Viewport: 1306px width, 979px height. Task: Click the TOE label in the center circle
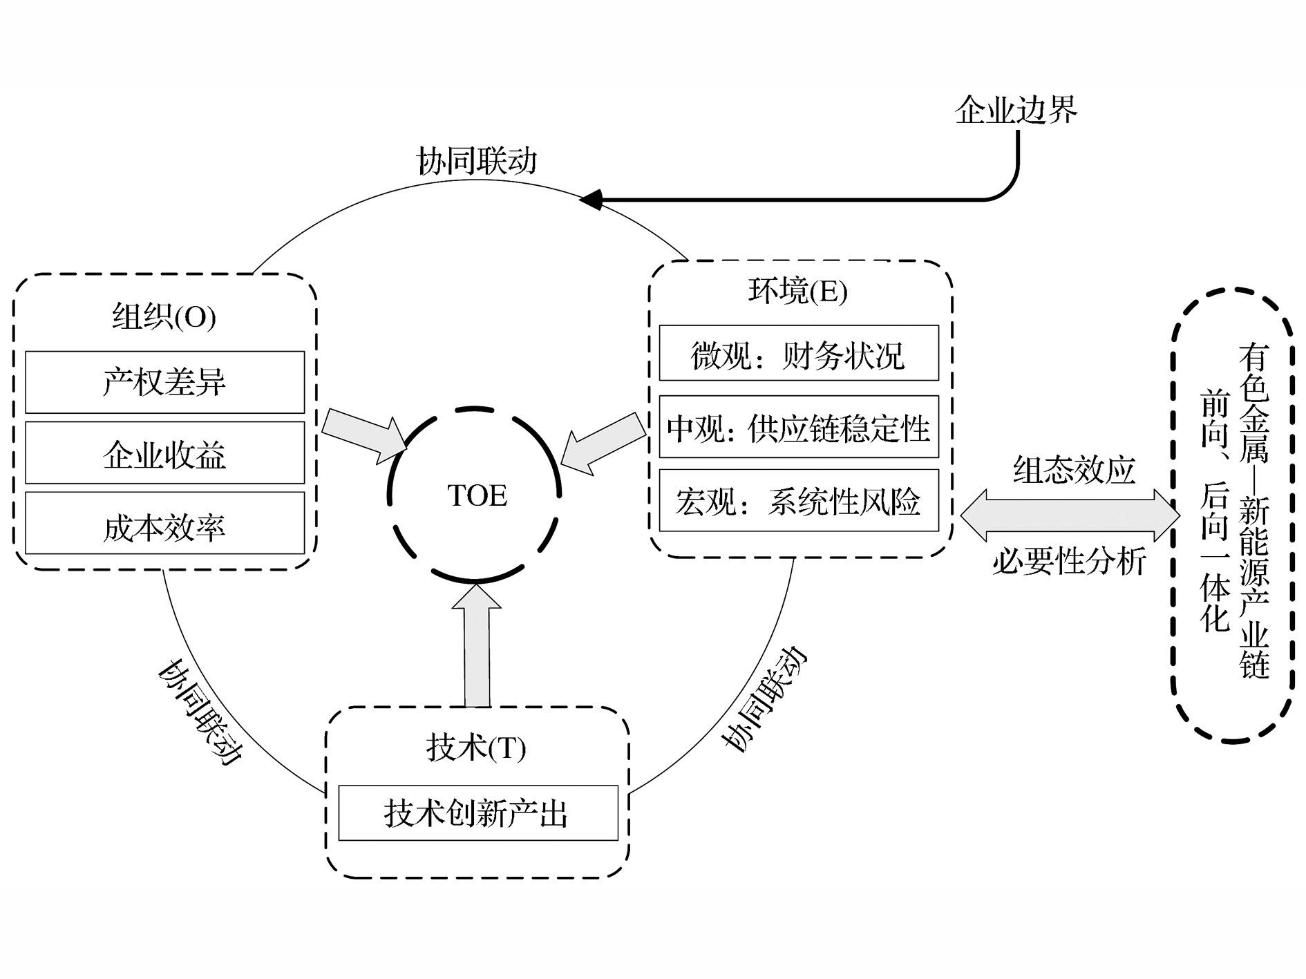[x=477, y=495]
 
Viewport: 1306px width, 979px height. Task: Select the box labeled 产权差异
[x=164, y=382]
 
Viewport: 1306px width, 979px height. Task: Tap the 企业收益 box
[x=164, y=453]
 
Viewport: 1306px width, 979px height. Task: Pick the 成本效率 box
[x=164, y=524]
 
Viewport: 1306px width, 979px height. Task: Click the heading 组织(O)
[x=164, y=317]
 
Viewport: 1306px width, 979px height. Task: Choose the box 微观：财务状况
[x=799, y=353]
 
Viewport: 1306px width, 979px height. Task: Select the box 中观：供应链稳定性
[x=799, y=427]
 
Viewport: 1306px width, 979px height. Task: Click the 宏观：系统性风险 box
[x=799, y=501]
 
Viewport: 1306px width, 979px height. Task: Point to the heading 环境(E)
[x=798, y=291]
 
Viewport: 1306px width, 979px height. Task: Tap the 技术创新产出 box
[x=477, y=813]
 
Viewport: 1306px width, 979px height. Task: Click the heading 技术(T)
[x=476, y=748]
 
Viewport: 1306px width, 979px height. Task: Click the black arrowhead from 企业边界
[x=592, y=200]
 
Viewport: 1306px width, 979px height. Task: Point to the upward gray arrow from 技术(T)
[x=476, y=646]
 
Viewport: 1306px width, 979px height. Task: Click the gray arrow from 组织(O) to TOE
[x=363, y=435]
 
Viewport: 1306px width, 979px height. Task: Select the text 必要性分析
[x=1069, y=560]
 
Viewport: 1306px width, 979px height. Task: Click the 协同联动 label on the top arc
[x=477, y=162]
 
